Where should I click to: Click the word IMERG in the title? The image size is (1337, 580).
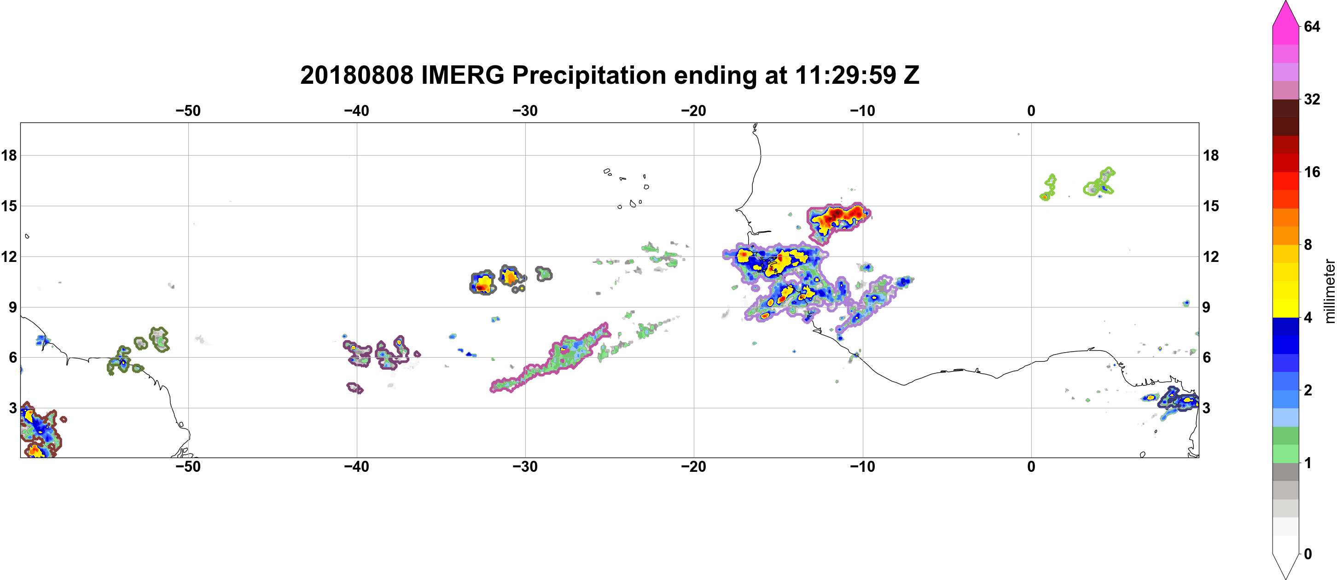coord(462,75)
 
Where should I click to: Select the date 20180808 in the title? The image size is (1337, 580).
coord(357,75)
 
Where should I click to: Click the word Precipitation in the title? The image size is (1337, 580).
coord(589,75)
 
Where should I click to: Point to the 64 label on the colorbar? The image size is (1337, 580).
coord(1312,26)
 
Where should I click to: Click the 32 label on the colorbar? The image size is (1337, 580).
coord(1312,99)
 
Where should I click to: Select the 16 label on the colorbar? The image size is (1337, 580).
coord(1312,172)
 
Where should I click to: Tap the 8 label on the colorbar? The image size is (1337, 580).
coord(1308,244)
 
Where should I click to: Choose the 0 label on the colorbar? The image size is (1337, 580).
coord(1308,554)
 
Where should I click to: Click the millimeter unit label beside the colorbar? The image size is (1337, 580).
coord(1329,291)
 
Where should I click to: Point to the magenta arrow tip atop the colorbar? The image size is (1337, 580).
coord(1285,2)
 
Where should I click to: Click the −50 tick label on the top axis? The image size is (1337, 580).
coord(188,111)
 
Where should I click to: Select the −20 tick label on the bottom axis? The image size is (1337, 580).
coord(694,467)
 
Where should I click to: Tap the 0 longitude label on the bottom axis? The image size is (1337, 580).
coord(1031,467)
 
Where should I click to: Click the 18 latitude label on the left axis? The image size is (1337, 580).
coord(9,155)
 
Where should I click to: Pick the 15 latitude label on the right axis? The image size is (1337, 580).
coord(1211,206)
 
